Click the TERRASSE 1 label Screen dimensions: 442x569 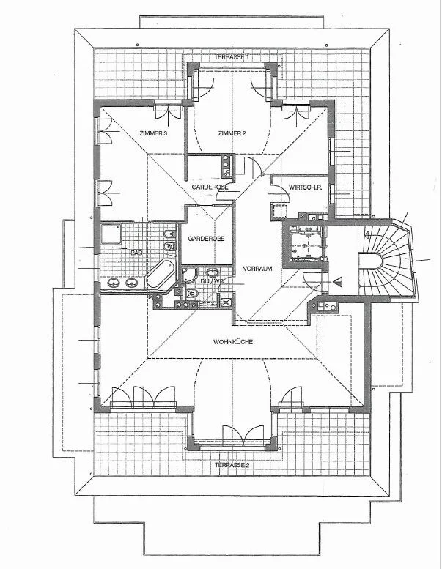click(232, 57)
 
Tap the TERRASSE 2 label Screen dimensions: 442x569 click(232, 465)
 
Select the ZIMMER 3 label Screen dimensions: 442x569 click(153, 133)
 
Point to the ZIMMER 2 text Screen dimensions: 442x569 click(232, 133)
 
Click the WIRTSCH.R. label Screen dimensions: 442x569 click(306, 187)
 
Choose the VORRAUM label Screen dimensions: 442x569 click(257, 269)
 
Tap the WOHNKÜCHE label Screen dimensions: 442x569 click(233, 342)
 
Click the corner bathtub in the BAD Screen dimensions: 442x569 click(161, 275)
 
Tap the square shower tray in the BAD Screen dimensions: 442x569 click(111, 234)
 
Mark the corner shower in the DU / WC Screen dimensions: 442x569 click(189, 276)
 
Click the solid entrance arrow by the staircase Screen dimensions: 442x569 click(339, 281)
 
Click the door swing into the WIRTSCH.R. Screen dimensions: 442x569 click(280, 193)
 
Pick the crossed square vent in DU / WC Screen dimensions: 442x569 click(226, 302)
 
